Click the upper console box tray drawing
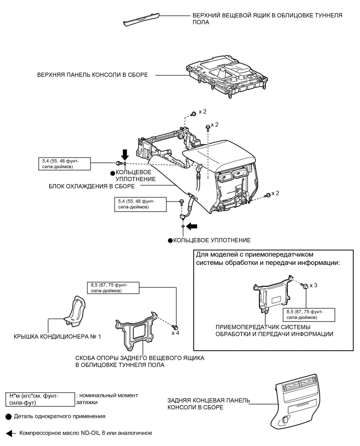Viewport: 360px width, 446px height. pos(142,20)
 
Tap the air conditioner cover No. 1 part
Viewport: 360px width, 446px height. pos(75,310)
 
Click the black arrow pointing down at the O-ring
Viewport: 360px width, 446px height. pos(125,155)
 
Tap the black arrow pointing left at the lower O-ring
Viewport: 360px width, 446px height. pos(192,226)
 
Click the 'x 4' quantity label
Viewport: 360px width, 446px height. pos(175,333)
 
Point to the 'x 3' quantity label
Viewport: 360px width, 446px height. pos(313,285)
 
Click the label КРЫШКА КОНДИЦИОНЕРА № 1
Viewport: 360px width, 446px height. pos(57,337)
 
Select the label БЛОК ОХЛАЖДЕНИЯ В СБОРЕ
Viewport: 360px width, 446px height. pos(92,186)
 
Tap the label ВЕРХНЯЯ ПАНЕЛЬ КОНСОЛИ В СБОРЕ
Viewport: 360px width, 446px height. pos(93,75)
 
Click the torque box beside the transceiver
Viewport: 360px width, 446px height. pos(309,315)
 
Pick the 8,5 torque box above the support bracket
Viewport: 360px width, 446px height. pos(113,287)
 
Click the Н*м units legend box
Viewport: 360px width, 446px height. pos(40,399)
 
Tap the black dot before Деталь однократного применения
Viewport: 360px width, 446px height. pos(9,417)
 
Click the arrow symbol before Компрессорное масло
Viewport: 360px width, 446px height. pos(11,433)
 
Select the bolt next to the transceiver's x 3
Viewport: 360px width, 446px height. pos(305,286)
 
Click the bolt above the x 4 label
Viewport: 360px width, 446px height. pos(175,327)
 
